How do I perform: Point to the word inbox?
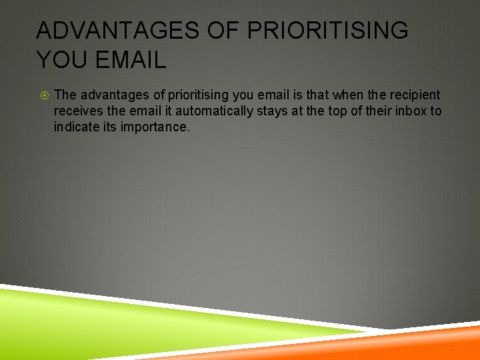[410, 111]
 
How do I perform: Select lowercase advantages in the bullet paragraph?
[113, 95]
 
